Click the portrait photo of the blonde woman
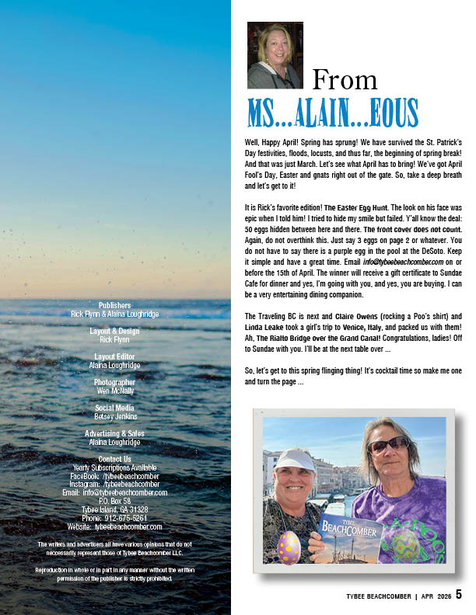275,55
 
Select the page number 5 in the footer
459,594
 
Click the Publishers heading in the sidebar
115,305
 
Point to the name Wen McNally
115,391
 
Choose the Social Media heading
115,408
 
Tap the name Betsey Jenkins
115,417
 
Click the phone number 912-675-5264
115,518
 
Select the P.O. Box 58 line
115,501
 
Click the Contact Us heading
115,459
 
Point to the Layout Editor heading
115,356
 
